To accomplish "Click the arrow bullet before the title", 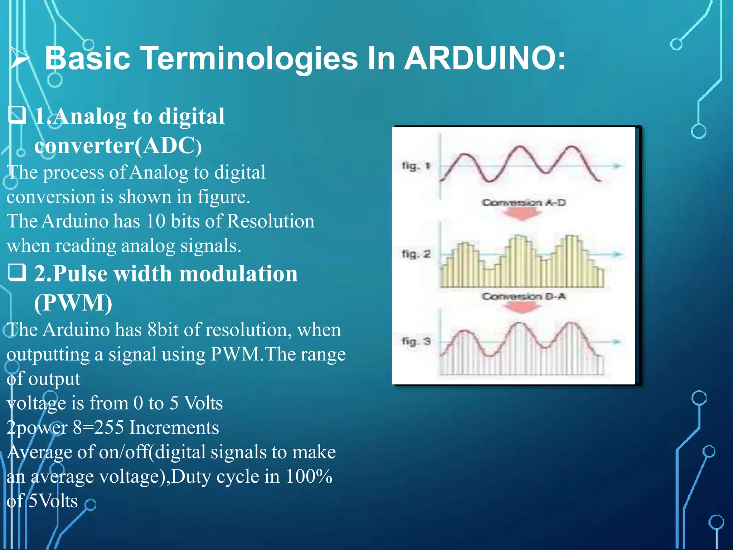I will pyautogui.click(x=20, y=58).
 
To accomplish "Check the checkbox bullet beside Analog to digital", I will pyautogui.click(x=17, y=115).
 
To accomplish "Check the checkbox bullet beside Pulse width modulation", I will pyautogui.click(x=17, y=272).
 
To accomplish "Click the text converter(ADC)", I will pyautogui.click(x=118, y=146).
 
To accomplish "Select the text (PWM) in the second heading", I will pyautogui.click(x=73, y=303).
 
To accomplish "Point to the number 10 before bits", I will pyautogui.click(x=156, y=221).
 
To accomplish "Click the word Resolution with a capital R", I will pyautogui.click(x=271, y=221).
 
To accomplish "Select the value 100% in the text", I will pyautogui.click(x=309, y=477).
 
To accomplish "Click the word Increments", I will pyautogui.click(x=174, y=428).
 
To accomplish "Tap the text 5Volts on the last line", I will pyautogui.click(x=53, y=501).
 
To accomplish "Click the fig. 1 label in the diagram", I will pyautogui.click(x=416, y=166).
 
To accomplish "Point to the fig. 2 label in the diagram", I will pyautogui.click(x=416, y=254).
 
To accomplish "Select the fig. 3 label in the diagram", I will pyautogui.click(x=416, y=341).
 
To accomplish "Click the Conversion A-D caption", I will pyautogui.click(x=523, y=203).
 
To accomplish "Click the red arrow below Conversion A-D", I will pyautogui.click(x=522, y=214).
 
